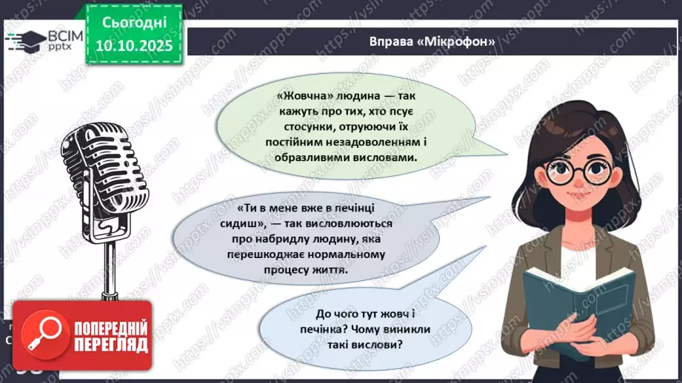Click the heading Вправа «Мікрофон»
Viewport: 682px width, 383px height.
(x=432, y=41)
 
